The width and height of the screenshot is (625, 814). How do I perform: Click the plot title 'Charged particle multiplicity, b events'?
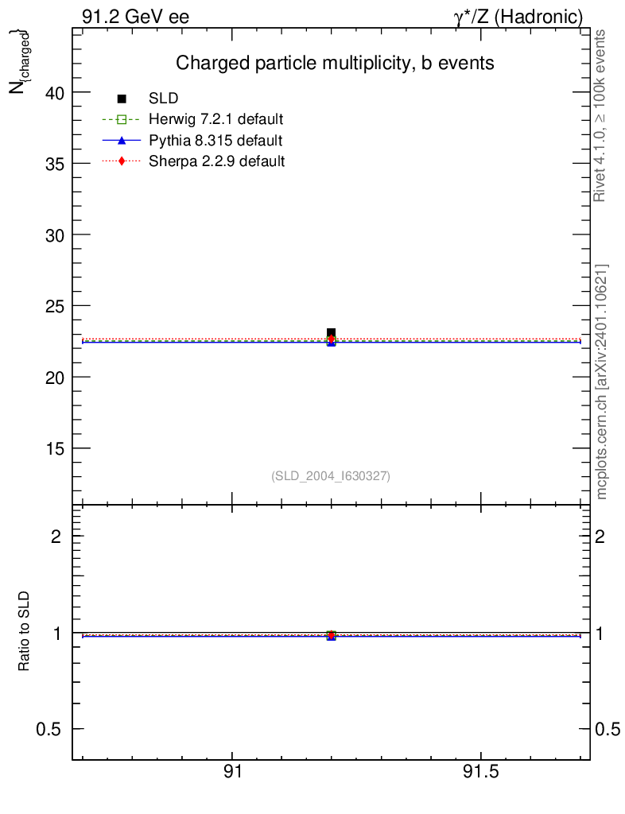coord(335,63)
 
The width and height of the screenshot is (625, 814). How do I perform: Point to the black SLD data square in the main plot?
coord(331,333)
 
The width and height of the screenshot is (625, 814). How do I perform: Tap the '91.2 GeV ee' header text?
coord(135,17)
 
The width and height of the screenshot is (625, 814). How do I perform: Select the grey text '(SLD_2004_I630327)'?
coord(331,476)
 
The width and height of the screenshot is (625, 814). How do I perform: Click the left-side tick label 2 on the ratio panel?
coord(56,537)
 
